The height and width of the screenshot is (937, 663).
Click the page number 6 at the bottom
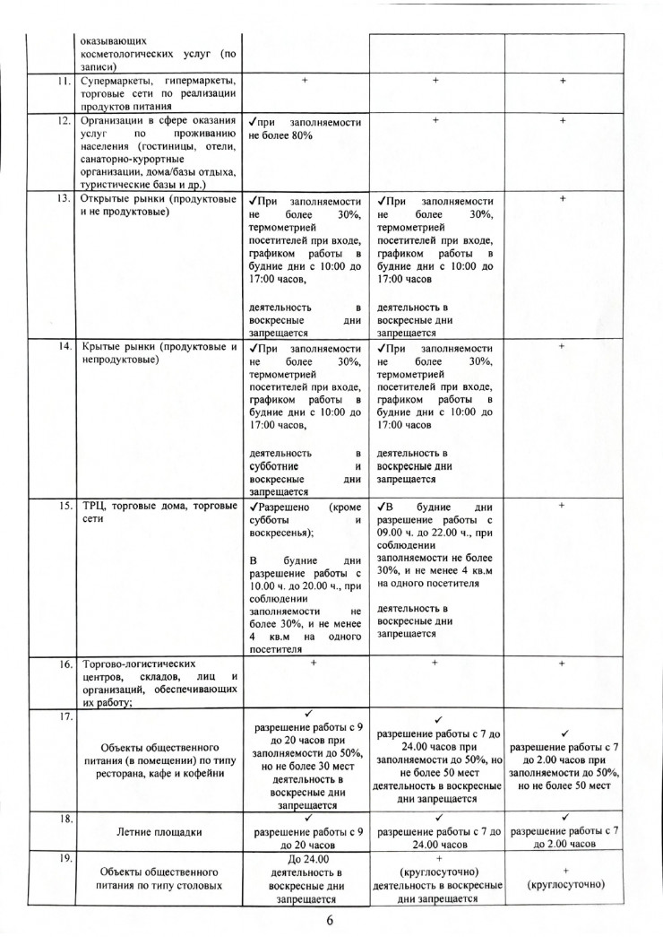(x=331, y=919)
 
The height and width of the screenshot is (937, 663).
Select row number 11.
(x=63, y=81)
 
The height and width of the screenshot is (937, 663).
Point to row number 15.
(x=63, y=507)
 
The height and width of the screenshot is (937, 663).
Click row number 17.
(x=63, y=716)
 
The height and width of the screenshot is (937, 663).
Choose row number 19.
(x=63, y=858)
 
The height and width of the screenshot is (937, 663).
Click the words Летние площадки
(x=156, y=831)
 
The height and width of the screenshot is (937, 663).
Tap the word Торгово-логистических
(x=138, y=665)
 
